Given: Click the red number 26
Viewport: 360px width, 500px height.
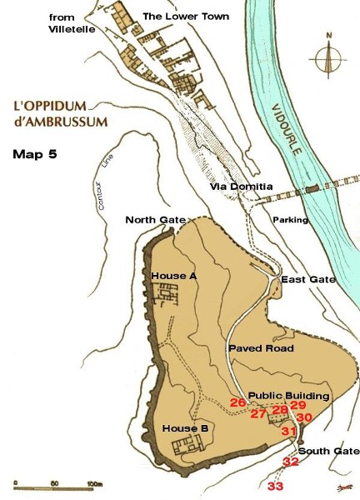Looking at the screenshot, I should point(237,403).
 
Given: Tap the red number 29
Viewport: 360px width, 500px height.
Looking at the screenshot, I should point(298,405).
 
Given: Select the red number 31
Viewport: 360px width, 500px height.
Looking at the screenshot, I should point(288,431).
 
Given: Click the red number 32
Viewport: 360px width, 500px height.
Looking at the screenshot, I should point(291,462).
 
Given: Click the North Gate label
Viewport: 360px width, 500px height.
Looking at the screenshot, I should point(155,220).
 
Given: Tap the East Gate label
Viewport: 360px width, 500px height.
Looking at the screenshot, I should point(308,279).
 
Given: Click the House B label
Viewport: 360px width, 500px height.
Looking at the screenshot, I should point(185,428).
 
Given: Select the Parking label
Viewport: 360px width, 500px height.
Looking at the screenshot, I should point(291,220).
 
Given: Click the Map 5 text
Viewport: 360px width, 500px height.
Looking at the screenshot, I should point(35,155).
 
